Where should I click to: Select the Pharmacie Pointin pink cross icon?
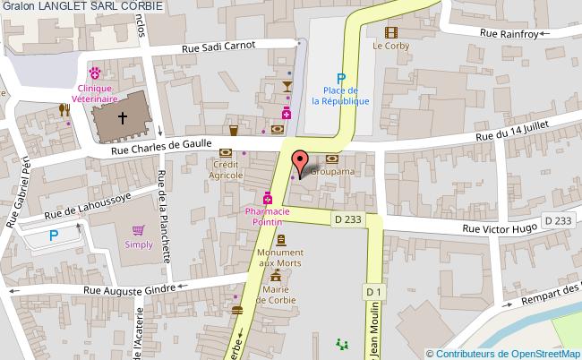(x=267, y=198)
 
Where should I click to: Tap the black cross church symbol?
(x=124, y=116)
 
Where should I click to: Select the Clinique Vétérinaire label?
(x=94, y=94)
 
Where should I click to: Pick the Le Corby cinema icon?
(x=390, y=31)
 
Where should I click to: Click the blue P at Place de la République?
(x=340, y=78)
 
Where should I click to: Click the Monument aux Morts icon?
(x=281, y=240)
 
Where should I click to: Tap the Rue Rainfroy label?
(x=508, y=33)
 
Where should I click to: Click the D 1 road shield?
(x=373, y=291)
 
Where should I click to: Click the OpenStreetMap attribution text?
(x=503, y=353)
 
